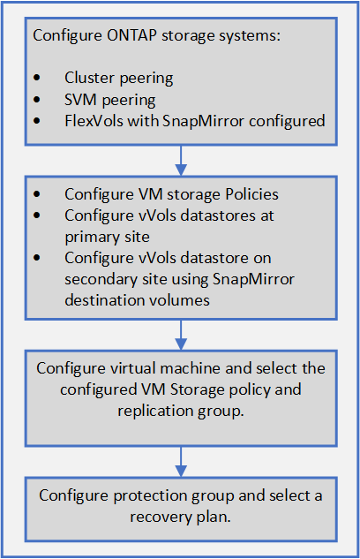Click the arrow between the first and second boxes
pos(180,159)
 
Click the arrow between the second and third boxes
pos(180,334)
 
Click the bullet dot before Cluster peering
pos(36,78)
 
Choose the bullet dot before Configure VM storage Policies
pos(36,193)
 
